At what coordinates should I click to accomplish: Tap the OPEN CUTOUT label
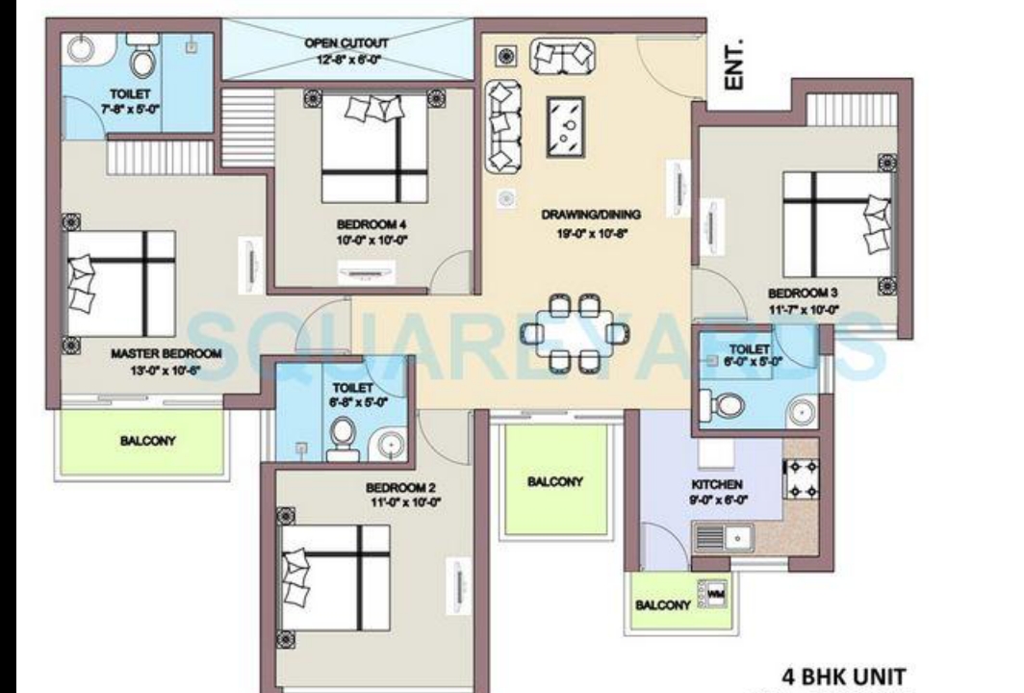click(347, 43)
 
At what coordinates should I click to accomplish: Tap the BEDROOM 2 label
click(402, 487)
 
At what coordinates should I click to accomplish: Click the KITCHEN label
click(717, 484)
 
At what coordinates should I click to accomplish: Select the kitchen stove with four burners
click(801, 478)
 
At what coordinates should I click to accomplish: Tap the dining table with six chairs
click(575, 333)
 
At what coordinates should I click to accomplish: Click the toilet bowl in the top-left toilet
click(142, 60)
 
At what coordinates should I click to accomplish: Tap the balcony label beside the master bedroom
click(147, 441)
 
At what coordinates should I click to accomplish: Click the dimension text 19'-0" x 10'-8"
click(590, 232)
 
